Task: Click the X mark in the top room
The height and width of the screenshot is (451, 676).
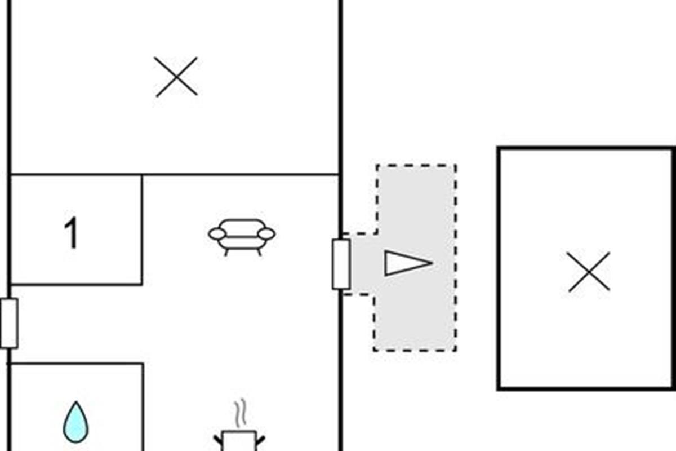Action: pos(176,77)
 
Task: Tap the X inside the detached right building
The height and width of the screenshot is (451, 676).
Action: pos(589,272)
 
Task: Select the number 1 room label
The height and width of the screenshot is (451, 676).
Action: pos(71,234)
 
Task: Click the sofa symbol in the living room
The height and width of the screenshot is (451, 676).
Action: pos(242,236)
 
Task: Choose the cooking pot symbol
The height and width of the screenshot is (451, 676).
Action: pos(239,440)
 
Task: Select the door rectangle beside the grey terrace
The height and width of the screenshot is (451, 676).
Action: pos(341,264)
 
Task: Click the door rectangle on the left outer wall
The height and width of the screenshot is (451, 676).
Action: pos(9,323)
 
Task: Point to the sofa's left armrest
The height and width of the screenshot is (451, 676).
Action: pos(217,233)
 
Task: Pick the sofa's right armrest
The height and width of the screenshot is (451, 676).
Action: pos(266,233)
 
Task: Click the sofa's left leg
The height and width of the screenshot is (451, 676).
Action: pos(226,252)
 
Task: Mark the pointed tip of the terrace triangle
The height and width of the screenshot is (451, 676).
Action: pos(431,263)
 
